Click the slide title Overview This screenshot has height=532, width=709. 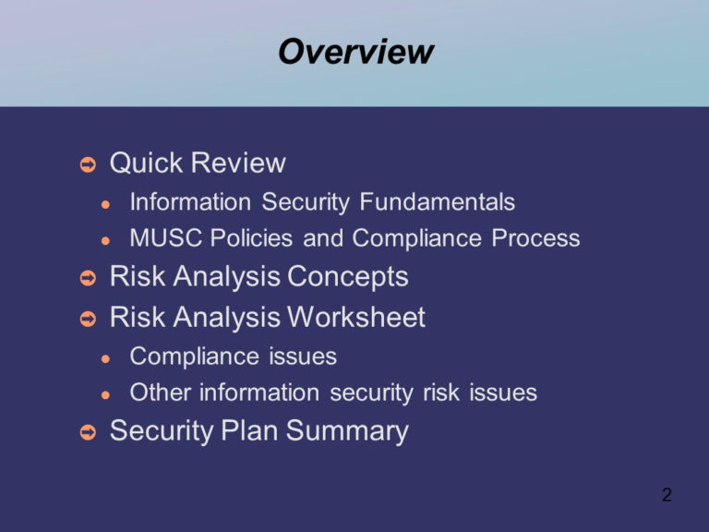pos(355,52)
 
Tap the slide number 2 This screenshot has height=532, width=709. pos(667,494)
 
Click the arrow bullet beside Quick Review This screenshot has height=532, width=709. pos(89,164)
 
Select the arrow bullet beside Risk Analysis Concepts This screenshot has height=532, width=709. pos(89,278)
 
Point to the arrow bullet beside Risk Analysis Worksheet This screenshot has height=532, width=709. pos(89,319)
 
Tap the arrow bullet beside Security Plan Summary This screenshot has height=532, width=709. pos(89,432)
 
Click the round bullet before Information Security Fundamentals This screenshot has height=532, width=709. pos(106,204)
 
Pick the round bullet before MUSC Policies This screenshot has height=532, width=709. pos(106,241)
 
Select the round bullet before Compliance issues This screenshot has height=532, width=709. pos(106,359)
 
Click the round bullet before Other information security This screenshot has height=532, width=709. pos(106,395)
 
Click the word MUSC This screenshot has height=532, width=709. pos(165,238)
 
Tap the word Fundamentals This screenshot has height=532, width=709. pos(438,201)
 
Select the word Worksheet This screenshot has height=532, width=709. pos(356,317)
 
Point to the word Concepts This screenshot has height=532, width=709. pos(348,276)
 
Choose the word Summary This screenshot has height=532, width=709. pos(347,430)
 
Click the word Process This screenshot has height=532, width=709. pos(535,238)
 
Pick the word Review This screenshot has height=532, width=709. pos(239,163)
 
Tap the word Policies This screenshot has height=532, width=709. pos(251,238)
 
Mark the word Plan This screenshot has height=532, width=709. pos(249,429)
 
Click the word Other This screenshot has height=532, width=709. pos(160,393)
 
